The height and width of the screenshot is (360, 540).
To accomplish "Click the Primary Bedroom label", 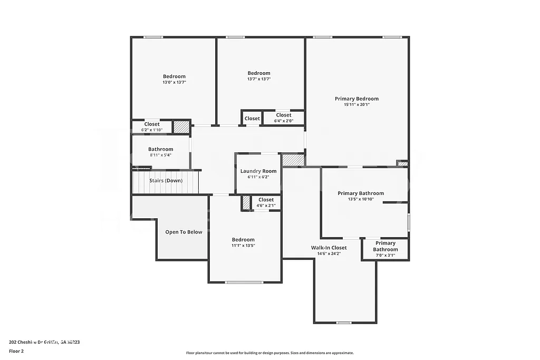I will coord(356,99).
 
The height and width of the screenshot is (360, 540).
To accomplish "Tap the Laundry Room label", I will coord(258,171).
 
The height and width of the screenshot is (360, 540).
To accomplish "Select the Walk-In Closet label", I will coord(329,247).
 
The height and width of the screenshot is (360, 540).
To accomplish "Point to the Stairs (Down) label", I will coord(166,180).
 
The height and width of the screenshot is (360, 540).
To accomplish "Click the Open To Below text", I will coord(184,232).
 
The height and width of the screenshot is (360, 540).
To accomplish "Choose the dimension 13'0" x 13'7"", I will coord(174,82).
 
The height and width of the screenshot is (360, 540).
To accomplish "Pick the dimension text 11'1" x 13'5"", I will coord(243,245).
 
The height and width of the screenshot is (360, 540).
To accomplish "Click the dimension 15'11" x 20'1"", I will coord(356,104).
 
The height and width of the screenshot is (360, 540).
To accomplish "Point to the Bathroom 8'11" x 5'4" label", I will coord(160,152).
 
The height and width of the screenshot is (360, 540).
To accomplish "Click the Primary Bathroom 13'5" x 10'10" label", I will coord(361,196).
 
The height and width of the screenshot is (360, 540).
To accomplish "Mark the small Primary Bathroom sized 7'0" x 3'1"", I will coord(385,249).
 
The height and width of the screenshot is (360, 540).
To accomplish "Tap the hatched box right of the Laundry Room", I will coord(293,160).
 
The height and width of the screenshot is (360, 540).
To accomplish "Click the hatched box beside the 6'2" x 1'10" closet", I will coord(181,127).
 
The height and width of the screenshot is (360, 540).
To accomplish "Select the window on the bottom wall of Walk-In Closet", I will coord(344,322).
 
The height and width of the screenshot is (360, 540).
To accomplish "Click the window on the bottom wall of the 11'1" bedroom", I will coord(244,283).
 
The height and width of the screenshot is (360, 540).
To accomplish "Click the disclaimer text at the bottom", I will coord(269,353).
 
